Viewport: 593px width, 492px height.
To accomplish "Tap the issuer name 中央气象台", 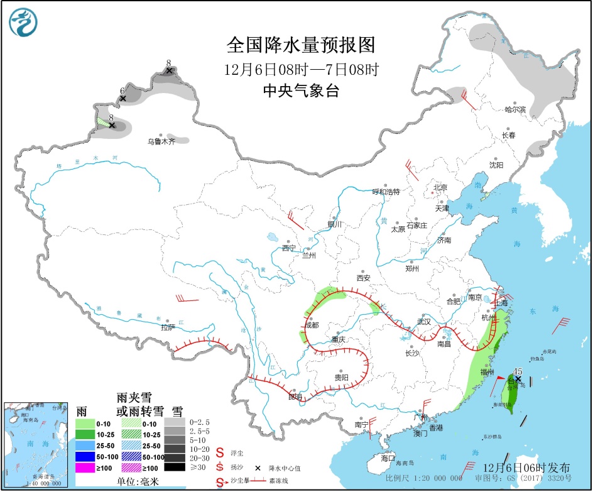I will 300,91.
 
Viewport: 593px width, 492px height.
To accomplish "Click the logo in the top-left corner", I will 23,23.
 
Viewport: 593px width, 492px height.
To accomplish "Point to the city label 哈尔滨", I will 515,109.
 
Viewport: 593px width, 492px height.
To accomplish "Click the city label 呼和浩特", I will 386,192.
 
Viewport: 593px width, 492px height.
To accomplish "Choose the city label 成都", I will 312,325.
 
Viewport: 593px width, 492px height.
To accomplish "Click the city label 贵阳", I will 341,378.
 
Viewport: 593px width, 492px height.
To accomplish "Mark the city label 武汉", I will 424,321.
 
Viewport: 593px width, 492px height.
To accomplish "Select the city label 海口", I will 388,458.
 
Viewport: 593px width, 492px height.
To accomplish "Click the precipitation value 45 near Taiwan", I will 518,371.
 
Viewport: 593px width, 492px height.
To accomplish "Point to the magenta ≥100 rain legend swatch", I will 85,467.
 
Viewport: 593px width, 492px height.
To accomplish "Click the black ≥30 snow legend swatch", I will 175,467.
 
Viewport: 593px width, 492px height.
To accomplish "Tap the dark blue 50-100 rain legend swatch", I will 85,457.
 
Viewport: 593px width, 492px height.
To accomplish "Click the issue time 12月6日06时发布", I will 527,468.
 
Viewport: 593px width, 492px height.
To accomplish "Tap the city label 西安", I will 364,278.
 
